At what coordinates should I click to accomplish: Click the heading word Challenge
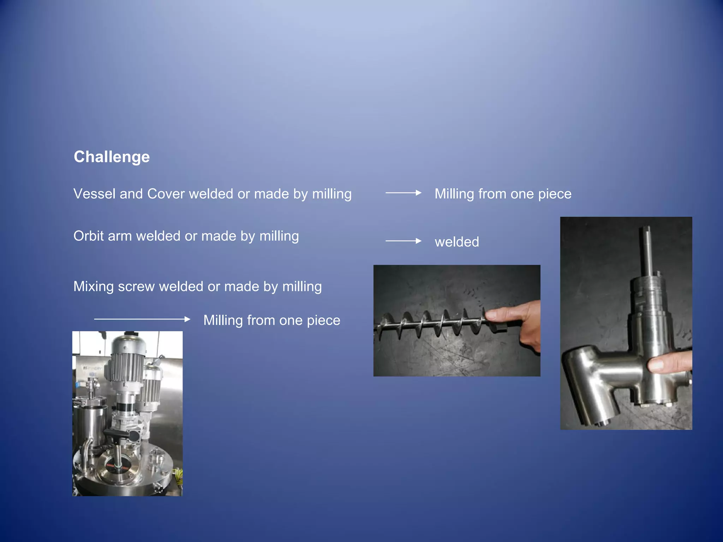coord(112,157)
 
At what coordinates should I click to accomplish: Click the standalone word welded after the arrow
coord(457,242)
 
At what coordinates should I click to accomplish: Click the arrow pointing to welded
coord(403,241)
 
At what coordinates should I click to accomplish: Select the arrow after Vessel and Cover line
coord(403,193)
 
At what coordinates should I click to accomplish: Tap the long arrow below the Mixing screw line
coord(142,319)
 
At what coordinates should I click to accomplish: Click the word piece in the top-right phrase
coord(555,194)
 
